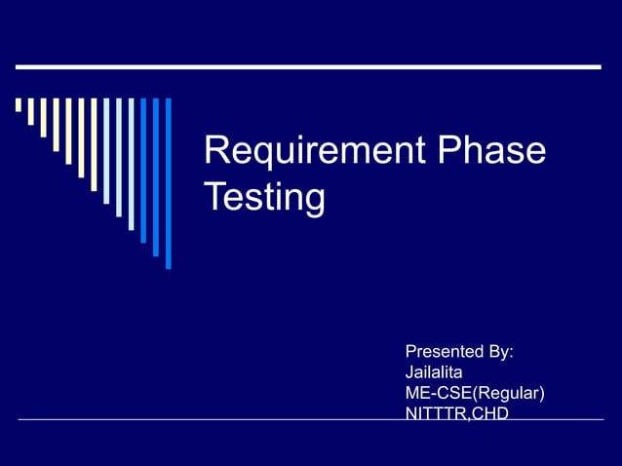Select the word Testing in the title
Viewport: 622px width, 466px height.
[x=264, y=197]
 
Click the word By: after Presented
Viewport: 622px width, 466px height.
[x=502, y=352]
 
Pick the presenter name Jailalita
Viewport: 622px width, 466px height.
[x=434, y=372]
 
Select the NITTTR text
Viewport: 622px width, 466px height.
[x=435, y=413]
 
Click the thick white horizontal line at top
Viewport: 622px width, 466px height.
[x=308, y=67]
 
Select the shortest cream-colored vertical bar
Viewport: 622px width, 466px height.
[x=19, y=105]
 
